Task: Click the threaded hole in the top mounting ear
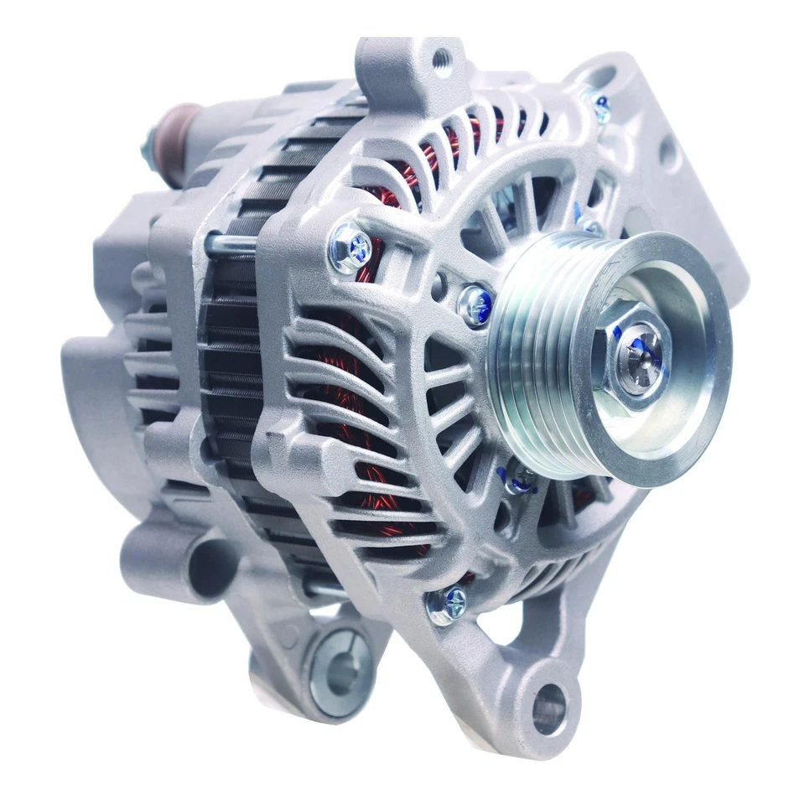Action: tap(441, 59)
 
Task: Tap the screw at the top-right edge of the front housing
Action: tap(600, 106)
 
